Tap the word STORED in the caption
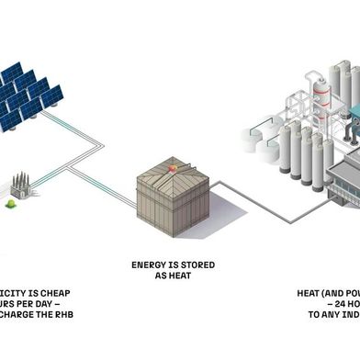(197, 265)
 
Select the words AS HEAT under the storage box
(180, 276)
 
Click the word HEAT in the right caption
(313, 293)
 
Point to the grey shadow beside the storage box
(230, 216)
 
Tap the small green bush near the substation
(11, 203)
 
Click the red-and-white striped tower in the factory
(321, 92)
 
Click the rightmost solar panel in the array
(51, 96)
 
